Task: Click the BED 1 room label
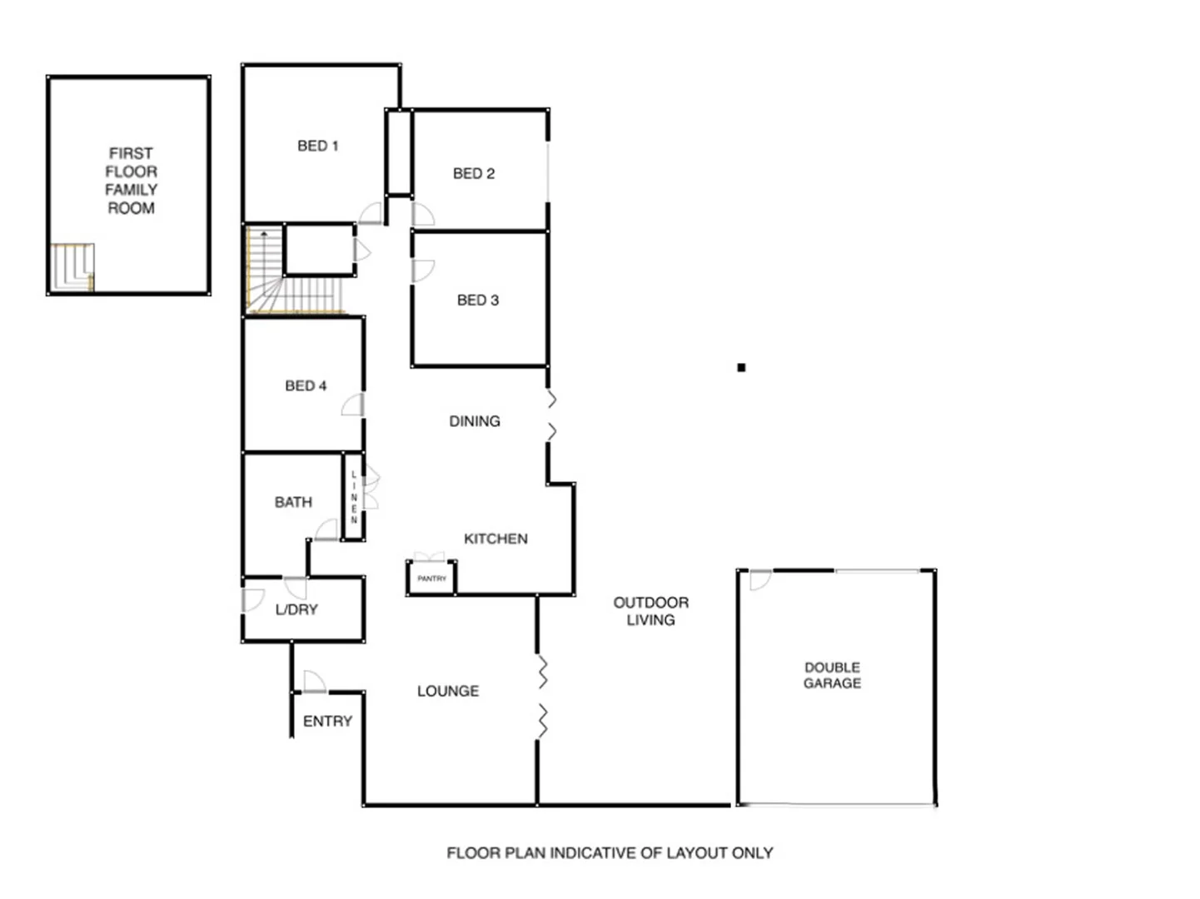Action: tap(317, 146)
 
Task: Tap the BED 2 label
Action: tap(473, 173)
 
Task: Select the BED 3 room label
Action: tap(477, 300)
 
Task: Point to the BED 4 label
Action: tap(306, 385)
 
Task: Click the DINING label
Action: tap(475, 421)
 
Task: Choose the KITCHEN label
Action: tap(495, 539)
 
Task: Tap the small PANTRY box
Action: tap(431, 578)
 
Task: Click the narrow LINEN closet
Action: tap(353, 497)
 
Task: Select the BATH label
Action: tap(293, 502)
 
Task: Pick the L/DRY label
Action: tap(296, 609)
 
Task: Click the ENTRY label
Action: tap(327, 721)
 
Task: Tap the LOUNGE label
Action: tap(448, 691)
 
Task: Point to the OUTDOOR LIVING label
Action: tap(650, 611)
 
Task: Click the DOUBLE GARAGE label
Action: tap(832, 675)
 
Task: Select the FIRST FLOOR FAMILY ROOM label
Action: tap(131, 181)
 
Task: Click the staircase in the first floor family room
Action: tap(72, 266)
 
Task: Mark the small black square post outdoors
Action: tap(741, 367)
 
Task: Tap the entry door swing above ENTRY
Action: tap(313, 681)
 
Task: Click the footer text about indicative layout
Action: tap(610, 852)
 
